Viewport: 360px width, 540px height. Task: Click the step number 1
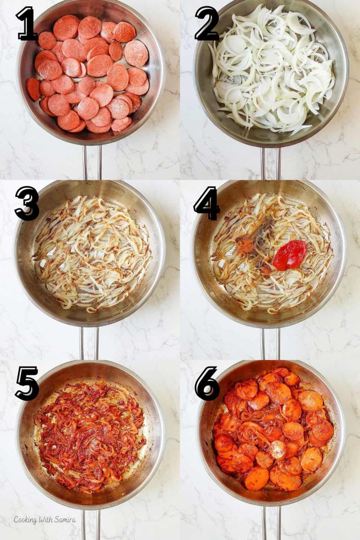(27, 24)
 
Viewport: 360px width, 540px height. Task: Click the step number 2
(207, 24)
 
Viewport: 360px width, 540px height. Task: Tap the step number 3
(27, 203)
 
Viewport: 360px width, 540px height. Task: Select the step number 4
(207, 203)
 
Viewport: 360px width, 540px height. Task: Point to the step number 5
(27, 383)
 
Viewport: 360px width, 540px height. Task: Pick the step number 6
(207, 383)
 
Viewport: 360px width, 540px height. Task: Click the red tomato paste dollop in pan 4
(290, 254)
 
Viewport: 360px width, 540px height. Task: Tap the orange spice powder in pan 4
(246, 244)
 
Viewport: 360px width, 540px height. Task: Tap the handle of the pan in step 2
(271, 163)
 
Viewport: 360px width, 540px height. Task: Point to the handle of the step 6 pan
(271, 522)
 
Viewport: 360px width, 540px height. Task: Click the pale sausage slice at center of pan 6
(277, 450)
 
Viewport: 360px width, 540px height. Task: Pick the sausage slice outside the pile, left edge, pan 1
(33, 89)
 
